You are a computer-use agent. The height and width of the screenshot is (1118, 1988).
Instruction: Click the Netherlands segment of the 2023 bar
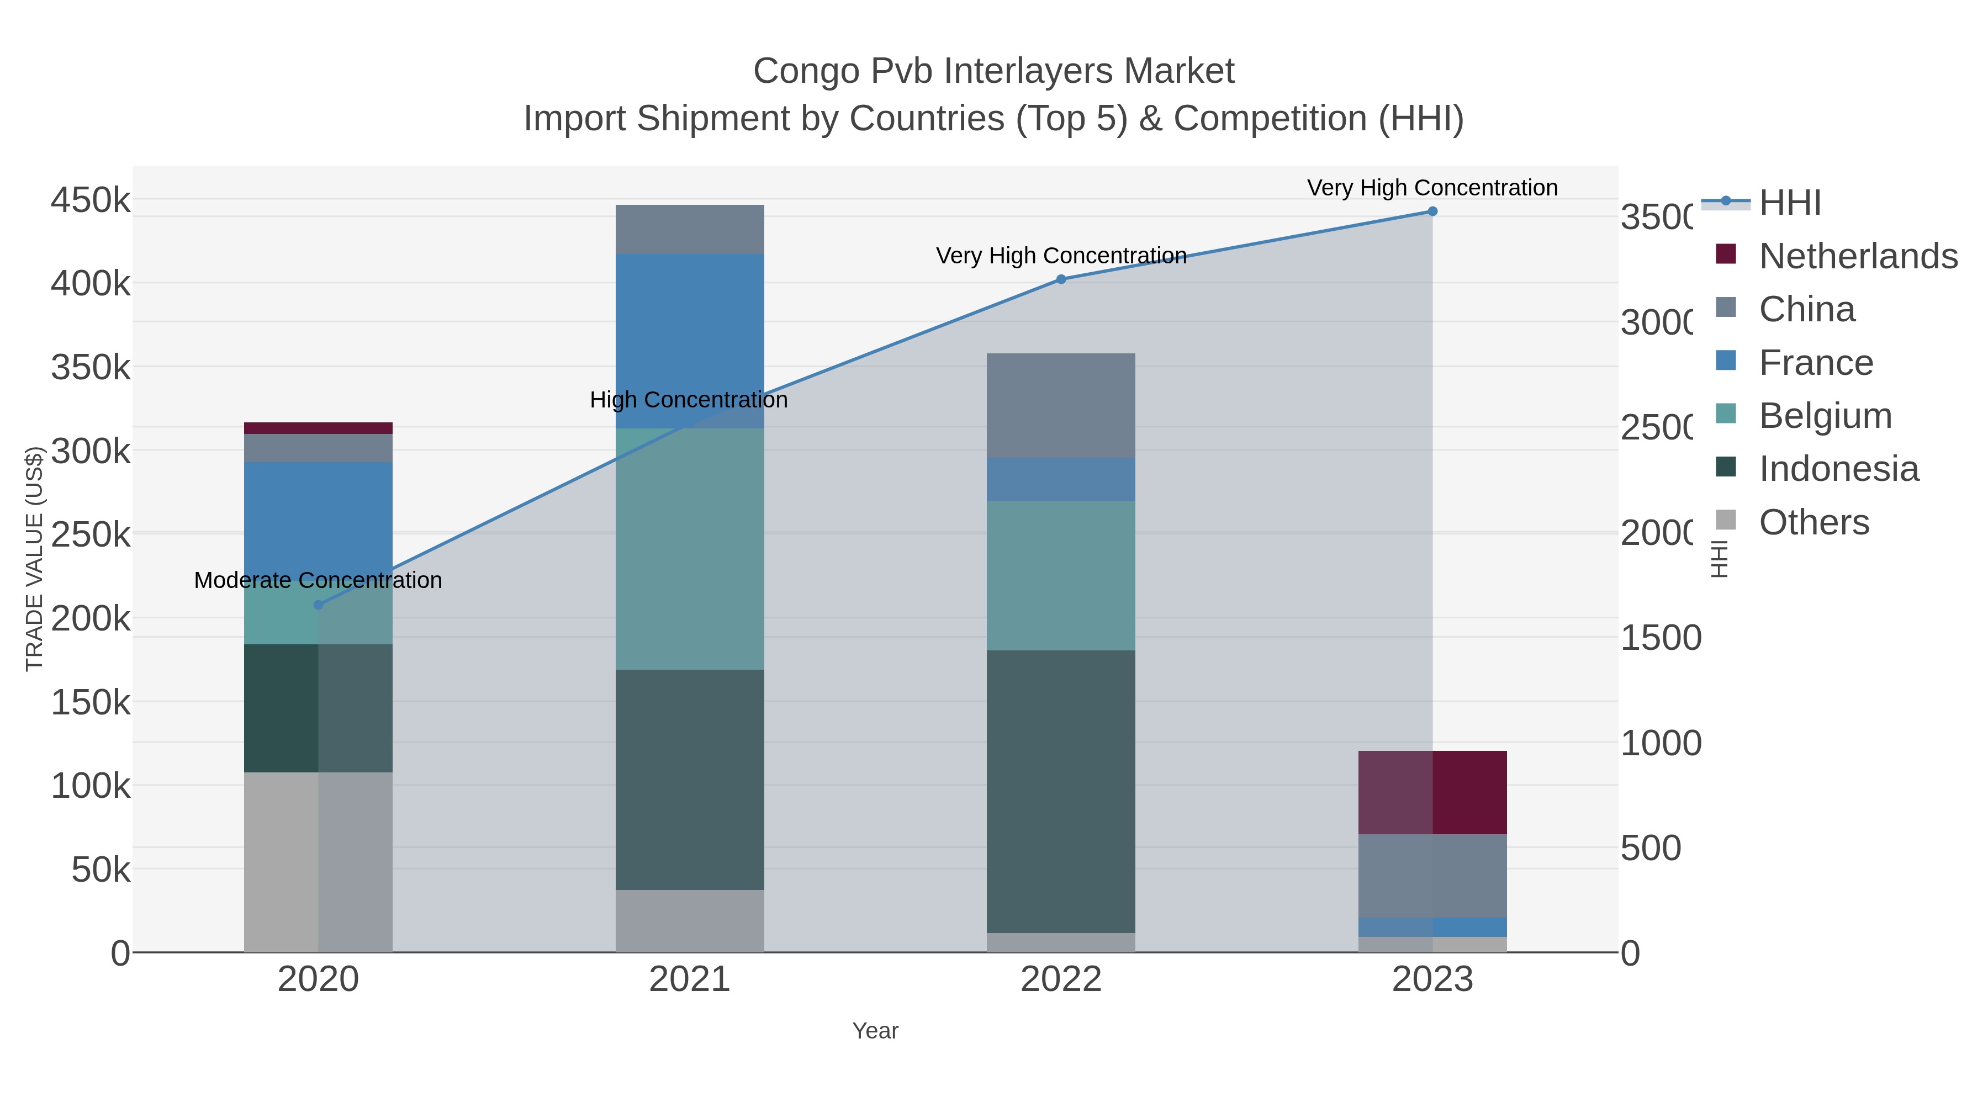tap(1432, 792)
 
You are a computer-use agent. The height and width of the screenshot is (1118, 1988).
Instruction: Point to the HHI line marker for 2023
tap(1432, 211)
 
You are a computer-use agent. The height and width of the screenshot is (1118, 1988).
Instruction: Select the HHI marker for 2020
tap(318, 605)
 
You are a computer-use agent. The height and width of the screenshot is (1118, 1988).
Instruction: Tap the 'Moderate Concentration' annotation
tap(318, 580)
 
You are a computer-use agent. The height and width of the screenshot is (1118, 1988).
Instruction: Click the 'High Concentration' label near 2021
tap(689, 400)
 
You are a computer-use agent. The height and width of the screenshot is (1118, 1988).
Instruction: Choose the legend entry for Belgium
tap(1825, 416)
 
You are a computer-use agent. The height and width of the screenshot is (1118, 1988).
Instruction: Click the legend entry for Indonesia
tap(1838, 469)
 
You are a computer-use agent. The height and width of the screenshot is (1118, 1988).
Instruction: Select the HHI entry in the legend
tap(1790, 203)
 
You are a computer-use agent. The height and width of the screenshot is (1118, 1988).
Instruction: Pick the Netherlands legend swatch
tap(1726, 254)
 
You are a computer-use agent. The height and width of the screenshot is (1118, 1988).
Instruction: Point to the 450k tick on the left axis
tap(91, 200)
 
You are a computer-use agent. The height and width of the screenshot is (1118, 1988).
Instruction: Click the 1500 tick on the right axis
tap(1660, 638)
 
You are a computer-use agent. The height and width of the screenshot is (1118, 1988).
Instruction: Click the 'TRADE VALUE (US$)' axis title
tap(35, 559)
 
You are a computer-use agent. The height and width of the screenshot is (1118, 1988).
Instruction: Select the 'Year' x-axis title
tap(875, 1031)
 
